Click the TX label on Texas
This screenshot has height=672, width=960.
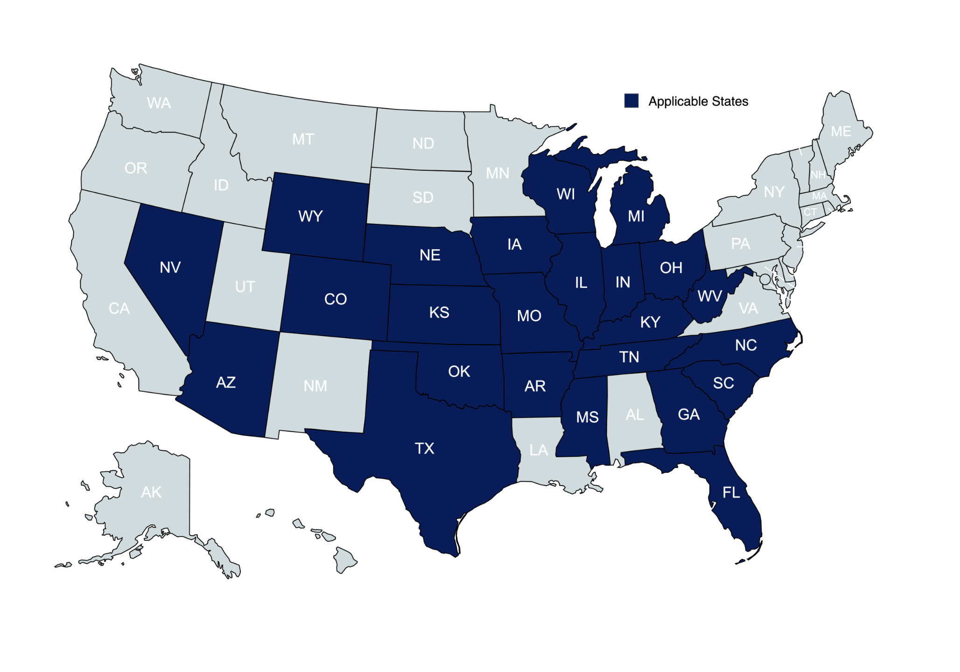424,448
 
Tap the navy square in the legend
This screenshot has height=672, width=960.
631,101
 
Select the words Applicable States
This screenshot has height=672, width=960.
698,101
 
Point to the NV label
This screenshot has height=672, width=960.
170,267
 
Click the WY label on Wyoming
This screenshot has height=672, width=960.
310,216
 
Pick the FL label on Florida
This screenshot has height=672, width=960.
731,492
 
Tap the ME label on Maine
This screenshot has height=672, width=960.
841,132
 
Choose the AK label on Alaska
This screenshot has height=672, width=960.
151,492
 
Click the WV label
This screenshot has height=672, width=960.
709,296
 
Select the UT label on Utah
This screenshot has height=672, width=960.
245,287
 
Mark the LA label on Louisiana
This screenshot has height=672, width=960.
539,450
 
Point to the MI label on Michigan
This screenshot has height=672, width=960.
636,216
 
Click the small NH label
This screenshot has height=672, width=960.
818,175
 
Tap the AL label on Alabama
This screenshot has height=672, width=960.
635,414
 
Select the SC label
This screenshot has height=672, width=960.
723,383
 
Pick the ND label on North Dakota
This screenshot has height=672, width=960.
423,143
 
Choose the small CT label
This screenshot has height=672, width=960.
810,212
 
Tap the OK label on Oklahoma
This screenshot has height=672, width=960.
459,371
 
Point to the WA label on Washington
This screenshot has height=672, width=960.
159,103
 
